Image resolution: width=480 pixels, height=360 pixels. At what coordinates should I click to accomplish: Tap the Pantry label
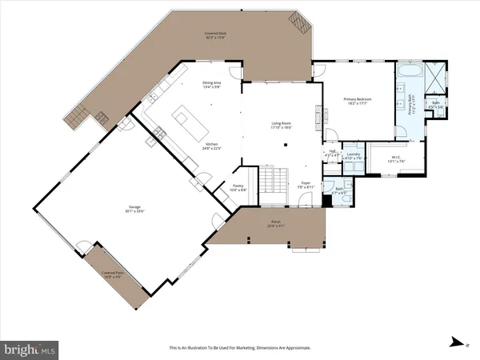[x=216, y=189]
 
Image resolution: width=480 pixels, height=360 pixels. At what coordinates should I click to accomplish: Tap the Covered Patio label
[x=112, y=274]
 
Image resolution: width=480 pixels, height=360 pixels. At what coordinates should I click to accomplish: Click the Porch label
[x=275, y=224]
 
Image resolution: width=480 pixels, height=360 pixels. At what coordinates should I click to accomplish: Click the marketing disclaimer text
[x=240, y=348]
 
